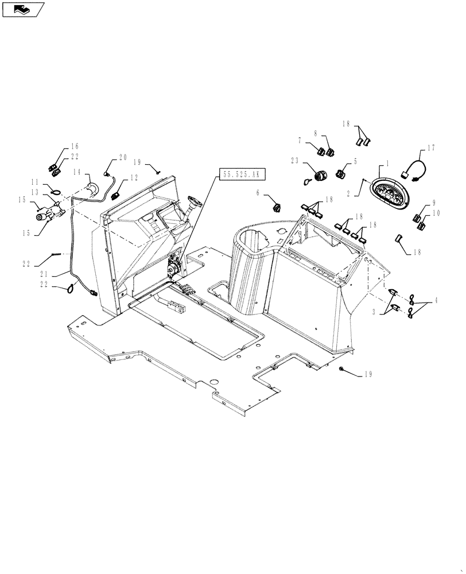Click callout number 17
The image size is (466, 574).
[x=431, y=148]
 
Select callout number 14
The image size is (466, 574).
[x=77, y=172]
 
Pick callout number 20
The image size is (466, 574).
[x=122, y=157]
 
